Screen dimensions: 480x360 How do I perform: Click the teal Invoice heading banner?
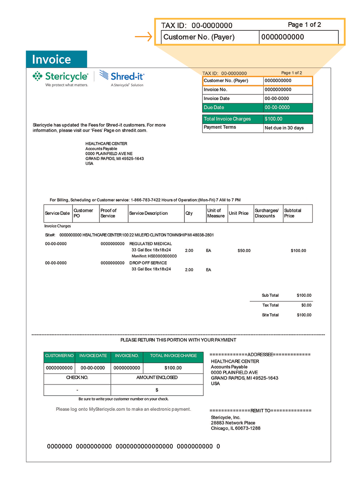pyautogui.click(x=56, y=59)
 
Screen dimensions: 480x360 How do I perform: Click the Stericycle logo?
pyautogui.click(x=60, y=77)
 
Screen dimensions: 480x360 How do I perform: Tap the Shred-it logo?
pyautogui.click(x=122, y=76)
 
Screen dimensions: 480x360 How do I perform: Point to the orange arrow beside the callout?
pyautogui.click(x=144, y=38)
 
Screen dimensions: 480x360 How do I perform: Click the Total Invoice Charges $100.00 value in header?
pyautogui.click(x=274, y=119)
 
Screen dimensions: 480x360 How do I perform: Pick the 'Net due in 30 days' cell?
pyautogui.click(x=284, y=128)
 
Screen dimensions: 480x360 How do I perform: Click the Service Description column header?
pyautogui.click(x=148, y=213)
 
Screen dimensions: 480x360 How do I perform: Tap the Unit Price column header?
pyautogui.click(x=238, y=213)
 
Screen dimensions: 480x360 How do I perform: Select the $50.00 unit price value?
pyautogui.click(x=244, y=251)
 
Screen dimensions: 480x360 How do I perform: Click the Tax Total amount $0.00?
pyautogui.click(x=306, y=305)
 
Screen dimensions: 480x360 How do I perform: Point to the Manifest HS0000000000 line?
pyautogui.click(x=154, y=256)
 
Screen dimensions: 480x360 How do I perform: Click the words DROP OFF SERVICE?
pyautogui.click(x=148, y=263)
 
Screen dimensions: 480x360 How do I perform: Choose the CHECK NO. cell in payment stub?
pyautogui.click(x=77, y=378)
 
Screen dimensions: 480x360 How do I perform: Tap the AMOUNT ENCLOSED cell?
pyautogui.click(x=157, y=378)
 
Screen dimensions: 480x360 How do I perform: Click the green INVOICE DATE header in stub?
pyautogui.click(x=93, y=356)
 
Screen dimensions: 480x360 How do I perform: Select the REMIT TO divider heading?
pyautogui.click(x=260, y=410)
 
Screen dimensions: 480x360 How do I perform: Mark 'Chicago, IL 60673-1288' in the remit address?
pyautogui.click(x=236, y=428)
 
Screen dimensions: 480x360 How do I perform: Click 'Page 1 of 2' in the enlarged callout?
pyautogui.click(x=304, y=25)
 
